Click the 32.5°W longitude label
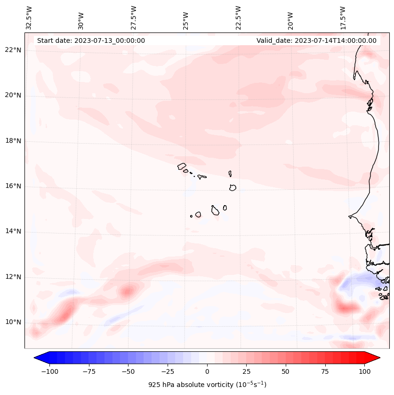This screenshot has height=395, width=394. (29, 18)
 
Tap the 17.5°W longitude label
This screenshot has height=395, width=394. (343, 18)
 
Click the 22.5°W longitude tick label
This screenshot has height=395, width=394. (238, 18)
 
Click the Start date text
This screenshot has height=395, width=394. (91, 40)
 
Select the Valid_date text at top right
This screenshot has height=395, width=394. (316, 40)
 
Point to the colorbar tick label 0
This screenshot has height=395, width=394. (207, 371)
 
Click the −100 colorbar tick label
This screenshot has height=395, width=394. (49, 371)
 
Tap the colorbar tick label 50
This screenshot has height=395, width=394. (286, 371)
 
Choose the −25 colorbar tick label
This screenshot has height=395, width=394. (168, 371)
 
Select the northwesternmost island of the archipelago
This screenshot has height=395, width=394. (182, 166)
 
